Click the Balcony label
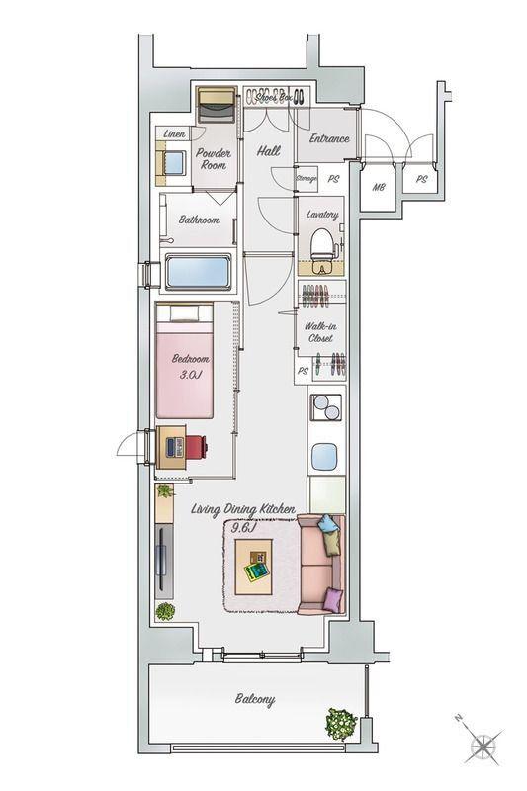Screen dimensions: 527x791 tap(255, 699)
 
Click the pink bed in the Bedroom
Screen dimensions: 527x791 tap(185, 361)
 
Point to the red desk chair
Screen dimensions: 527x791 tap(197, 447)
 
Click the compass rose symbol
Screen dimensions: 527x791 tap(485, 746)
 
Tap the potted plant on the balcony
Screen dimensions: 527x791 tap(341, 724)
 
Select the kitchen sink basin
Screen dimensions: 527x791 tap(324, 456)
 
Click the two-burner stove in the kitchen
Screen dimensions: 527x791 tap(326, 407)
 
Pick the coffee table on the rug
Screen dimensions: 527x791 tap(254, 567)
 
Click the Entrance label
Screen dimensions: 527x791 tap(329, 138)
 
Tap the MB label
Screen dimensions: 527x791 tap(379, 187)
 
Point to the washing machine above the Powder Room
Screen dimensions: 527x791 tap(217, 105)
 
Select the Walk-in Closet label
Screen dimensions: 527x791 tap(320, 332)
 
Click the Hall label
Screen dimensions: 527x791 tap(269, 150)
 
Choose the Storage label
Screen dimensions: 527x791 tap(307, 179)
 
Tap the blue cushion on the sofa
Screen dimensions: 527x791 tap(329, 524)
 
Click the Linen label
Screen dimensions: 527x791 tap(174, 133)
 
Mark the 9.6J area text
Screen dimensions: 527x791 tap(244, 528)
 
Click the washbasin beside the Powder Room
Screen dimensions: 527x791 tap(173, 163)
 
